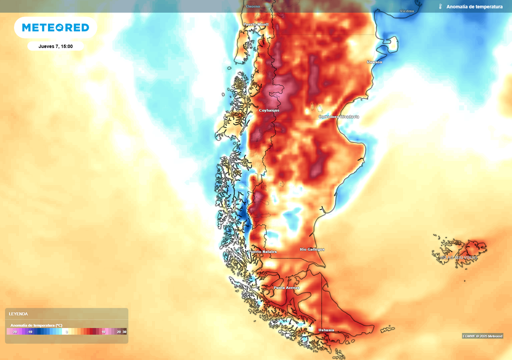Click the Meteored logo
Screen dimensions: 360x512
pos(55,27)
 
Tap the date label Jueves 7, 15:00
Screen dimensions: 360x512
pos(55,46)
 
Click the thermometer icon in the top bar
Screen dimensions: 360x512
pos(440,6)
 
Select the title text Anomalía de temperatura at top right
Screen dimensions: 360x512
pos(474,6)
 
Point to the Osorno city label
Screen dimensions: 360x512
pos(253,6)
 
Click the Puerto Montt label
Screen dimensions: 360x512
pos(256,24)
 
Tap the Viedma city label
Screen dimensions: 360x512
pos(407,11)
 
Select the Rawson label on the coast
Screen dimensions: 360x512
pos(374,62)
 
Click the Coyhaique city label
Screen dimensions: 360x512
pos(269,110)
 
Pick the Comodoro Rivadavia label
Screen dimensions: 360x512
pos(339,116)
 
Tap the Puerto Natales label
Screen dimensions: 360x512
pos(263,251)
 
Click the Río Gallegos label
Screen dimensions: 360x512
pos(312,249)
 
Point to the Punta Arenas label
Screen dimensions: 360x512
pos(286,287)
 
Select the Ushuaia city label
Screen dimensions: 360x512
pos(326,330)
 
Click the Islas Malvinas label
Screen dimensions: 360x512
pos(458,257)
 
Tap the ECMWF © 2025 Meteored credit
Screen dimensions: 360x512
pos(482,335)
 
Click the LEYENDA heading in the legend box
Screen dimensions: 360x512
pos(18,314)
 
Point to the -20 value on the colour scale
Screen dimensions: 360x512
pos(14,331)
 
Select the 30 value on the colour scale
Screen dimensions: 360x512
pos(124,331)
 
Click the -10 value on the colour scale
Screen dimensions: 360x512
pos(30,331)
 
